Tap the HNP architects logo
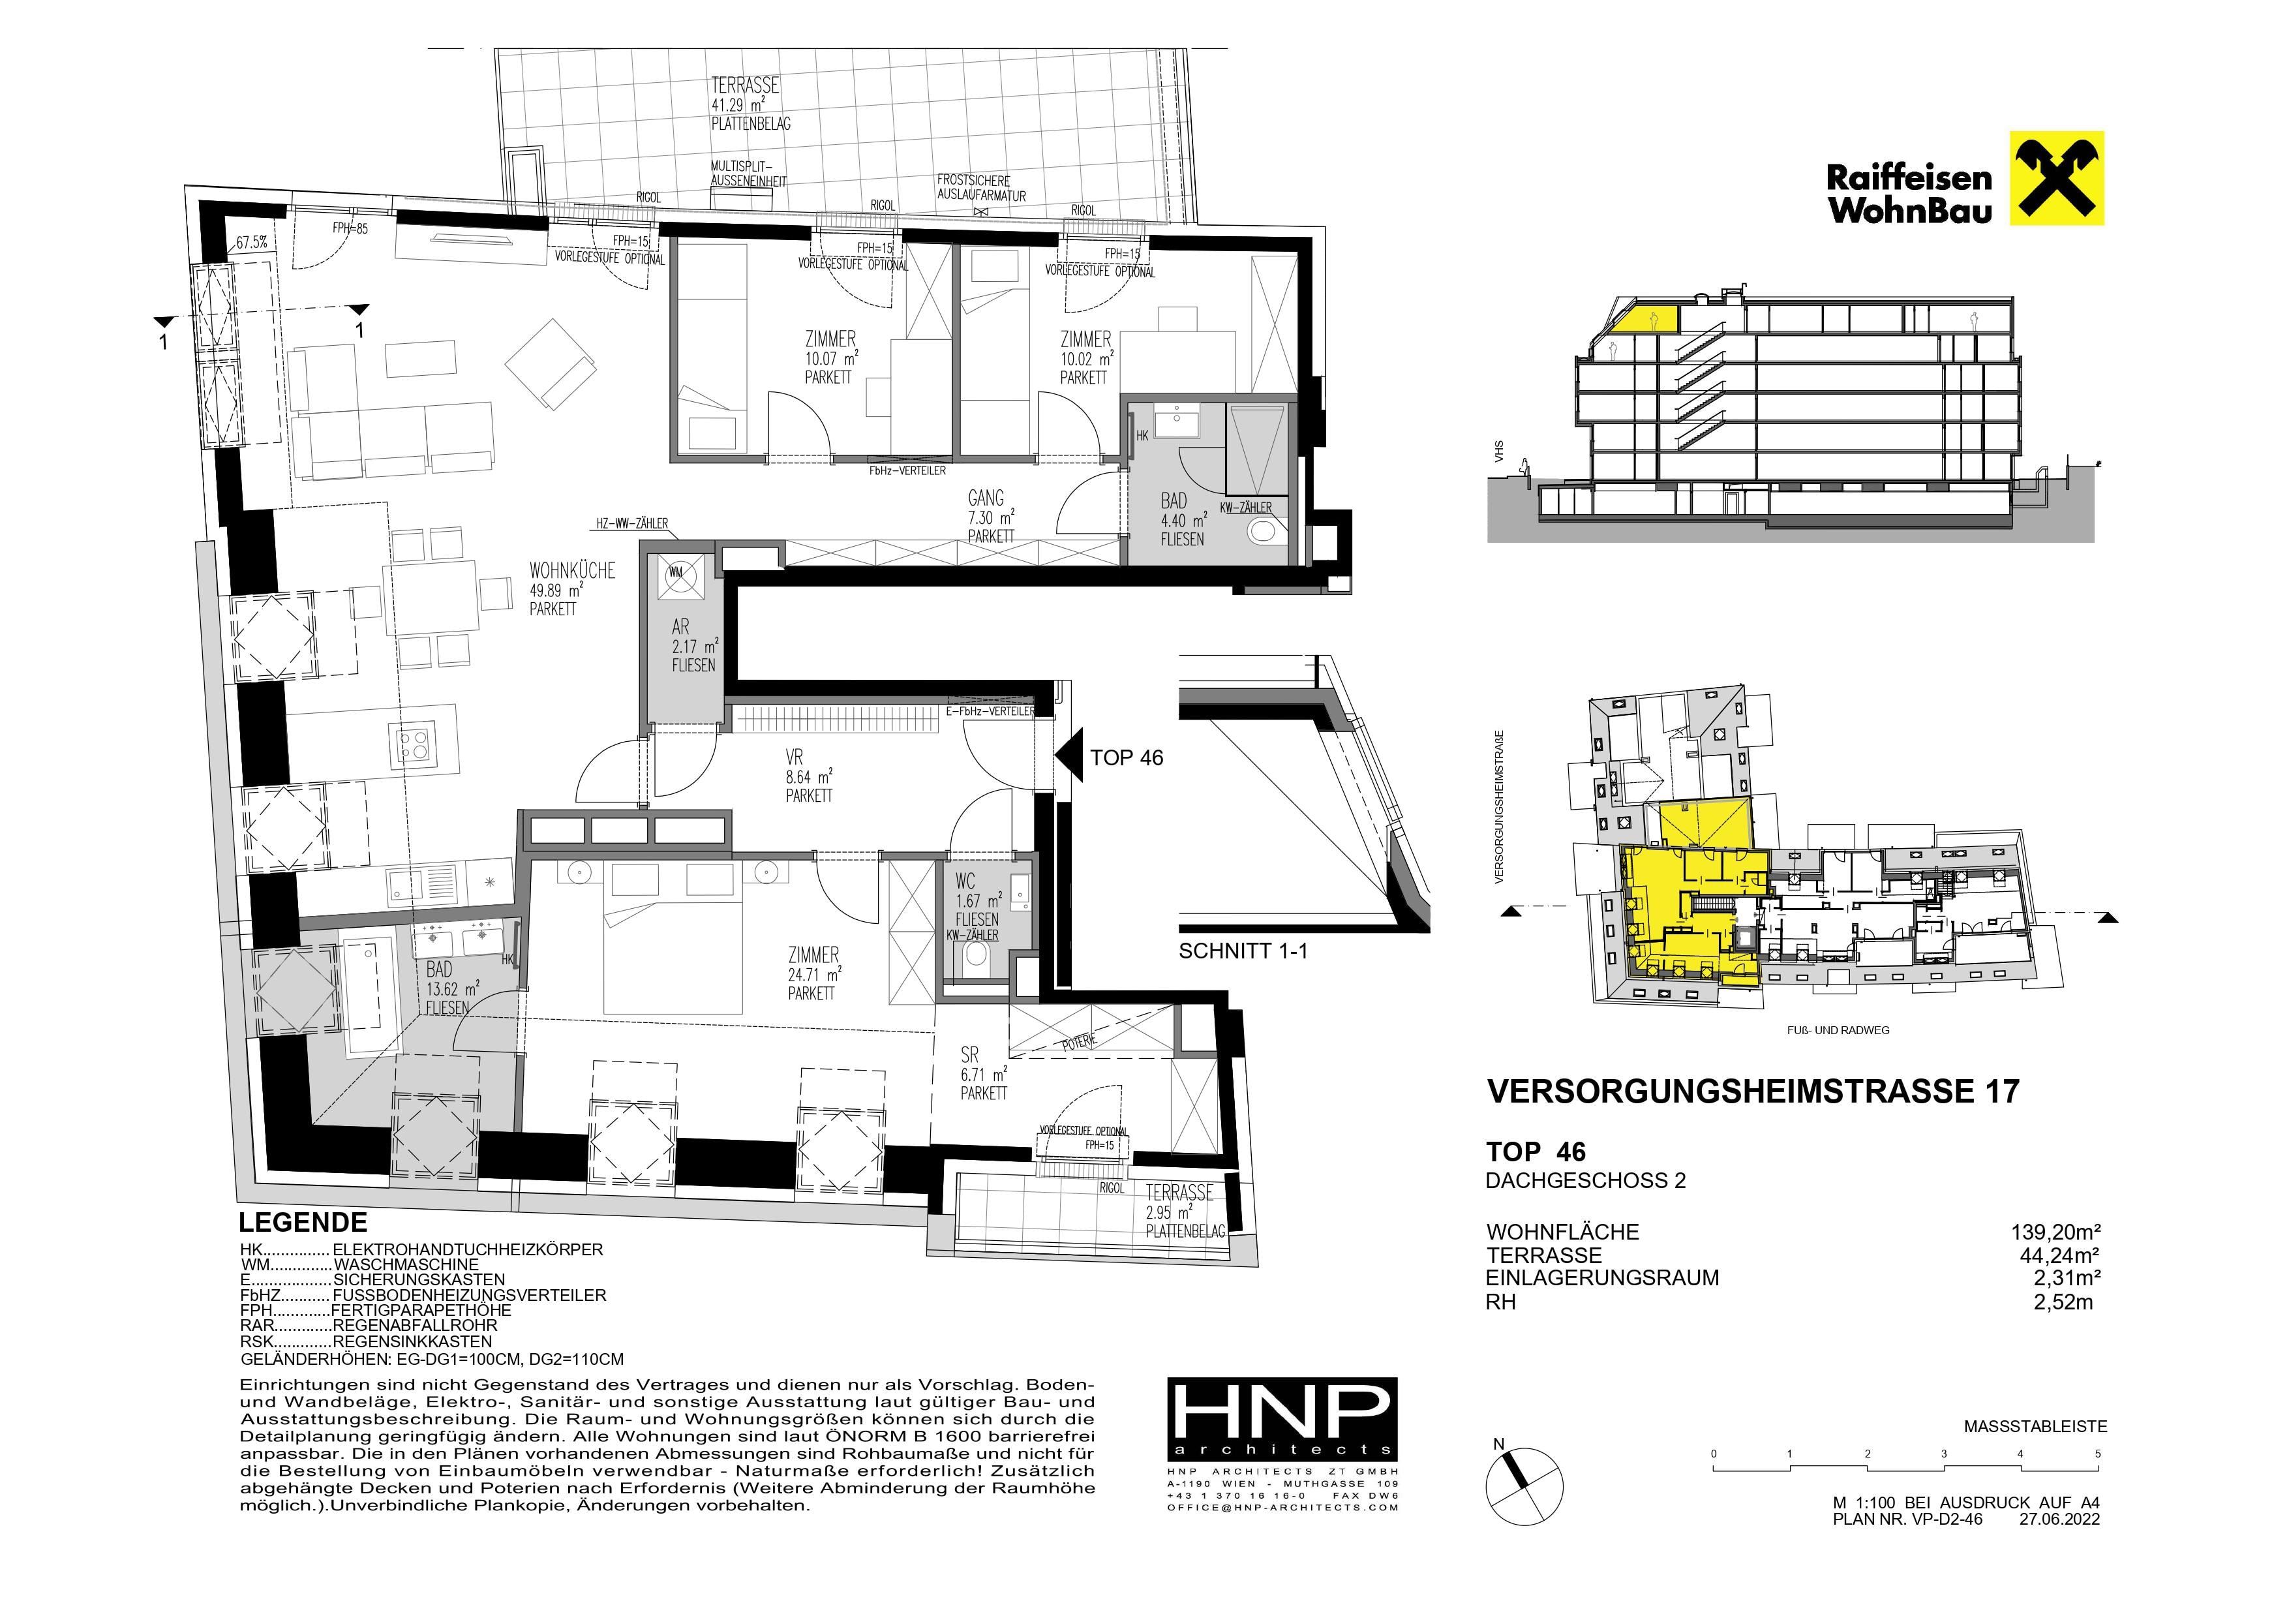(1282, 1418)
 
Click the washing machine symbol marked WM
(676, 573)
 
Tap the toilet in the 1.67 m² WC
(975, 958)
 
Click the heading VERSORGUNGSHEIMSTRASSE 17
(1753, 1091)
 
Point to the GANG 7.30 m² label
(990, 517)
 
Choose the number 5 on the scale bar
(2098, 1454)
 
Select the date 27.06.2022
(2059, 1519)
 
